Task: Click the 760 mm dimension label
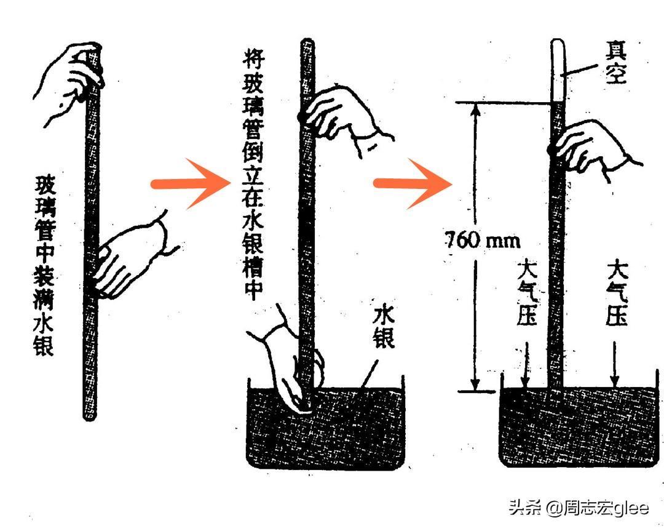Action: click(x=483, y=241)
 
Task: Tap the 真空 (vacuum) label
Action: click(x=616, y=62)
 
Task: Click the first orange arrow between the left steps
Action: click(x=191, y=183)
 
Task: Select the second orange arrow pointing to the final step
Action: click(x=413, y=183)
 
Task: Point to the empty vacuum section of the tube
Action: click(x=558, y=70)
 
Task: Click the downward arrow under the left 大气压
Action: click(x=526, y=364)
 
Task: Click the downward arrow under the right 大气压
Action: click(x=615, y=364)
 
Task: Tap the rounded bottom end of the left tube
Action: click(x=89, y=415)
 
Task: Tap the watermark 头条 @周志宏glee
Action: click(x=579, y=507)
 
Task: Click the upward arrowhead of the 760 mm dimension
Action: click(x=475, y=110)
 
